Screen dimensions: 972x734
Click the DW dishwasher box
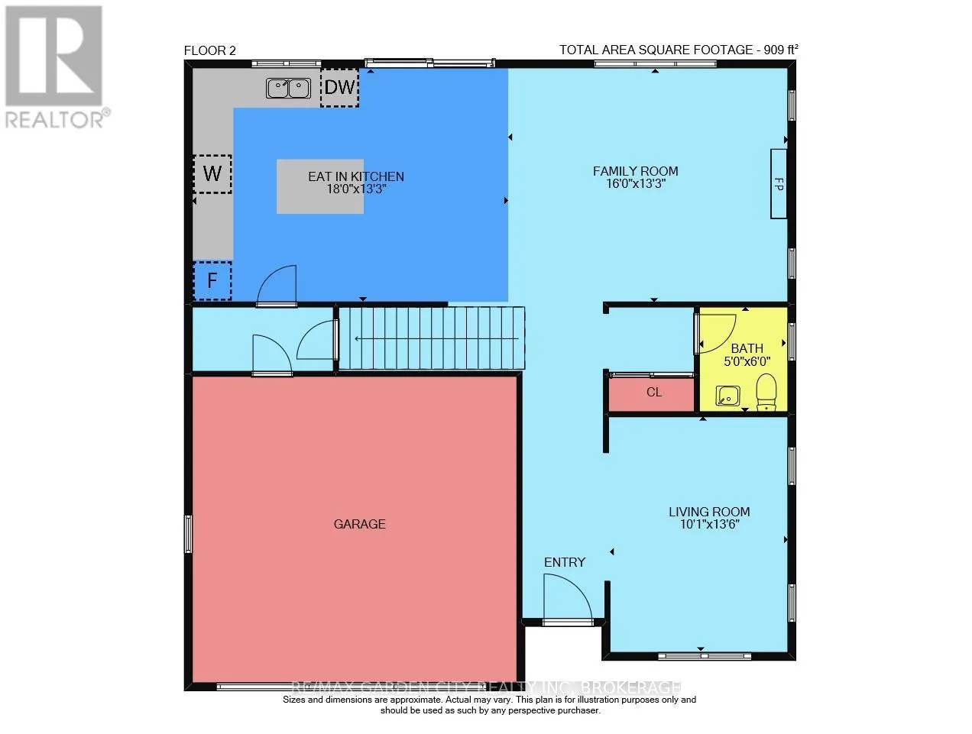click(339, 87)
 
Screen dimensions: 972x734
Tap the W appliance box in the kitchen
click(212, 174)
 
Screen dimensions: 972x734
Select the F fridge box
click(212, 280)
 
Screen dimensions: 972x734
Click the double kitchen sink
click(288, 88)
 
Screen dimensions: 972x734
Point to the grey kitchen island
click(320, 186)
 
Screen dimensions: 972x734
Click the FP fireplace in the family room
click(779, 183)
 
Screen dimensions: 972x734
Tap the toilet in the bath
click(766, 392)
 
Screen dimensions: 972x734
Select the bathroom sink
click(727, 396)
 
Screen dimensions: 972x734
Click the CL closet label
click(654, 392)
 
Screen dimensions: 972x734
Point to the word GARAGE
click(360, 524)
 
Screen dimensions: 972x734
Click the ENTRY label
click(565, 562)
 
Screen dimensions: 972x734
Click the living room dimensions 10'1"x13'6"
click(709, 524)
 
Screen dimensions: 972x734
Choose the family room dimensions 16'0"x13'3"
click(636, 183)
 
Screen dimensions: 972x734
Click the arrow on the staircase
click(436, 339)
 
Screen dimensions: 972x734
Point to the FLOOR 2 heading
click(210, 51)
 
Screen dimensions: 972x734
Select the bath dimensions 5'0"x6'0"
click(747, 361)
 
